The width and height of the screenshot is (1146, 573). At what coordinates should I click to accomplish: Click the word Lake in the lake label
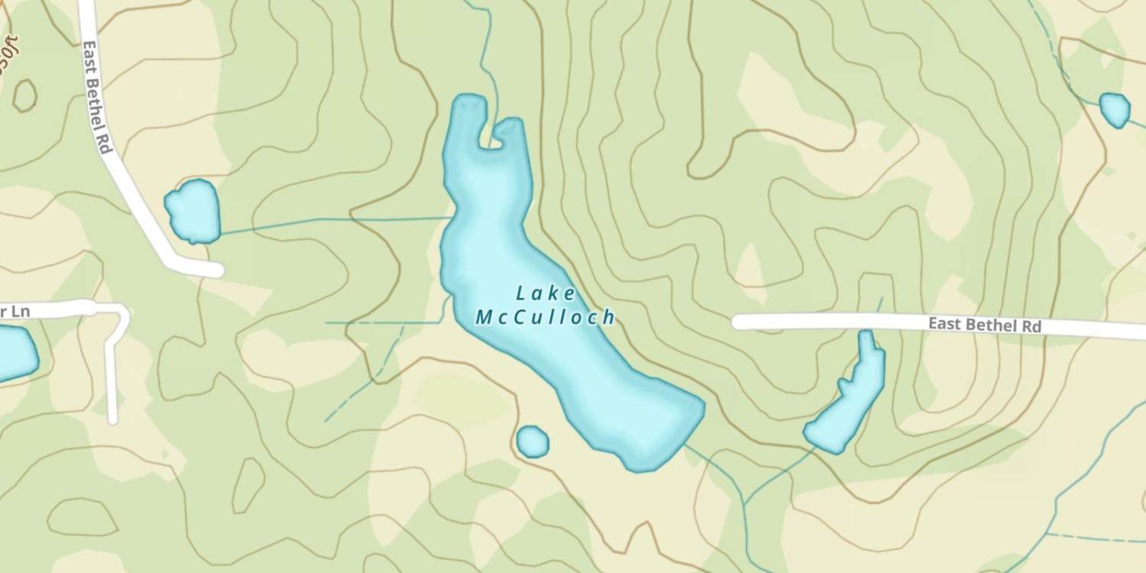[545, 293]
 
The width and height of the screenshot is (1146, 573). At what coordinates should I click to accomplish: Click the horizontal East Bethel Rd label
[984, 325]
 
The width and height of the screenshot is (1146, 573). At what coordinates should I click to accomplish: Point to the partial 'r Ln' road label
[15, 311]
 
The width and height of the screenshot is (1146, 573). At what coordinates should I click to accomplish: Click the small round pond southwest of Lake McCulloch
[533, 442]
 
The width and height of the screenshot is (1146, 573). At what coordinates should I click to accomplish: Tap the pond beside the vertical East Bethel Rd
[193, 212]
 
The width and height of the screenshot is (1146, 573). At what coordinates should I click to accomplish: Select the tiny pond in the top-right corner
[1115, 109]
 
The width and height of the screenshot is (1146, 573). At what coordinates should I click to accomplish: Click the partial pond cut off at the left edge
[15, 353]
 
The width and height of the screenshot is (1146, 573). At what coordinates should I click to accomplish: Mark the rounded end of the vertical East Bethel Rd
[213, 269]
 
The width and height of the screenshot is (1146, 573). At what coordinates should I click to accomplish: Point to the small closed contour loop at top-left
[24, 95]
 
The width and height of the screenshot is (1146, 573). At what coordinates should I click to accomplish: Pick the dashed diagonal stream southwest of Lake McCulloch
[367, 382]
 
